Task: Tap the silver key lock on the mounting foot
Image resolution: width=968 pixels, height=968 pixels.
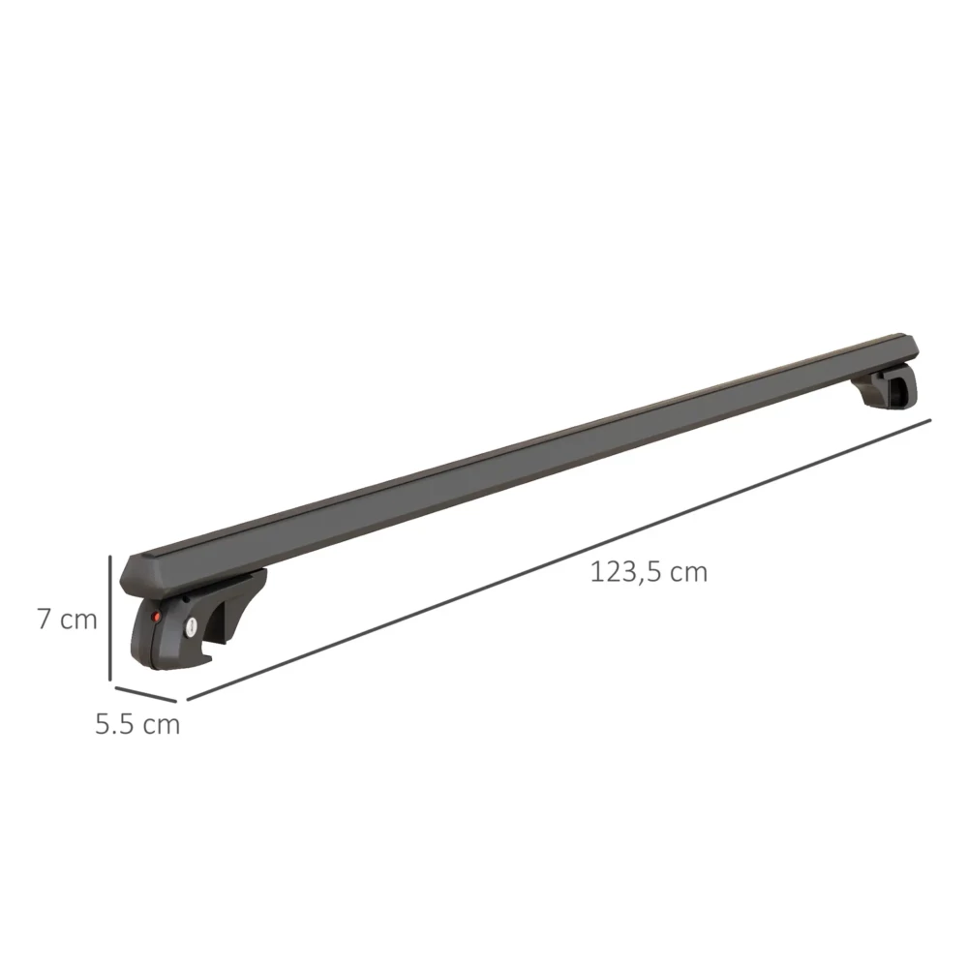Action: coord(191,627)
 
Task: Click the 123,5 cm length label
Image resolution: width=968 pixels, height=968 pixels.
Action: coord(649,572)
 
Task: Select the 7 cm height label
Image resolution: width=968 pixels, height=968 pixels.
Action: coord(67,620)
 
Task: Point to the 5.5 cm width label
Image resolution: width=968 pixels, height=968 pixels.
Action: coord(137,724)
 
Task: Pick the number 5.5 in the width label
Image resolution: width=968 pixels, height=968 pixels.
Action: coord(114,724)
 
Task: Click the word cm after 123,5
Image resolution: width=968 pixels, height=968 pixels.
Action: coord(688,572)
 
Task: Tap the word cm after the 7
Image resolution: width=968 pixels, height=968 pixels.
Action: coord(78,620)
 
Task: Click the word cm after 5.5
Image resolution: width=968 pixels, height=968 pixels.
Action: coord(161,724)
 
